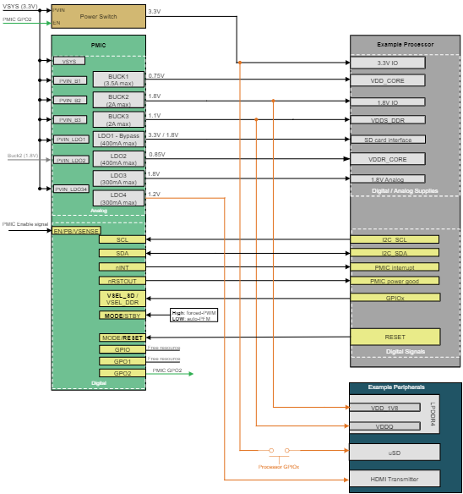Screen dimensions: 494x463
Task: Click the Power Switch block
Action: point(99,16)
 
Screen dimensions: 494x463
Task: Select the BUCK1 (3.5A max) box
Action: point(117,80)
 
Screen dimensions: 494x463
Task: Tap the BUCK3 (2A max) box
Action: point(117,119)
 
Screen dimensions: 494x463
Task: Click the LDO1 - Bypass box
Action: point(117,139)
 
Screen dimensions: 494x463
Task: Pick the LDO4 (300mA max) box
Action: point(117,198)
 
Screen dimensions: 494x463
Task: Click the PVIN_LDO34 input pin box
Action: point(71,189)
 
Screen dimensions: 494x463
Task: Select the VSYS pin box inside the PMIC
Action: point(68,61)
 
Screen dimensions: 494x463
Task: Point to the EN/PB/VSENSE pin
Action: point(75,230)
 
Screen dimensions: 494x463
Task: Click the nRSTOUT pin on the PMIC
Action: point(123,280)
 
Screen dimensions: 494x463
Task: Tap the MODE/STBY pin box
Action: point(123,316)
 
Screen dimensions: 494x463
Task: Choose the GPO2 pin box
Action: point(123,372)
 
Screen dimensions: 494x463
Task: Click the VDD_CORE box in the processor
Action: point(395,82)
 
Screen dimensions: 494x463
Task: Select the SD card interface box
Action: point(395,139)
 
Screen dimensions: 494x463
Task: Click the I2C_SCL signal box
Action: point(395,240)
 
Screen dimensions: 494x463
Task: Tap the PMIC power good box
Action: point(395,280)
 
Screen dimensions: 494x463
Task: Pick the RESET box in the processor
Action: point(395,337)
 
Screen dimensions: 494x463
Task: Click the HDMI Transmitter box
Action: point(395,478)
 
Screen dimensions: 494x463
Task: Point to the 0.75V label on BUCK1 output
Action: point(156,76)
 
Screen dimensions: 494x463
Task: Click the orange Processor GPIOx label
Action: point(278,466)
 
